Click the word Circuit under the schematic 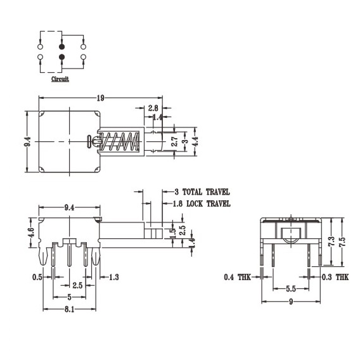tap(61, 79)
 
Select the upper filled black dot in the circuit tap(61, 47)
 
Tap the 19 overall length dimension tap(100, 98)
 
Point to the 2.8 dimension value tap(153, 108)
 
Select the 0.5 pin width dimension tap(38, 277)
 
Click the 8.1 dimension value tap(70, 309)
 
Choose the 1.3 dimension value tap(115, 277)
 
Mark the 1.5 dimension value tap(172, 233)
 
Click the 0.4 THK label tap(238, 277)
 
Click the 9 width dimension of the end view tap(291, 303)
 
